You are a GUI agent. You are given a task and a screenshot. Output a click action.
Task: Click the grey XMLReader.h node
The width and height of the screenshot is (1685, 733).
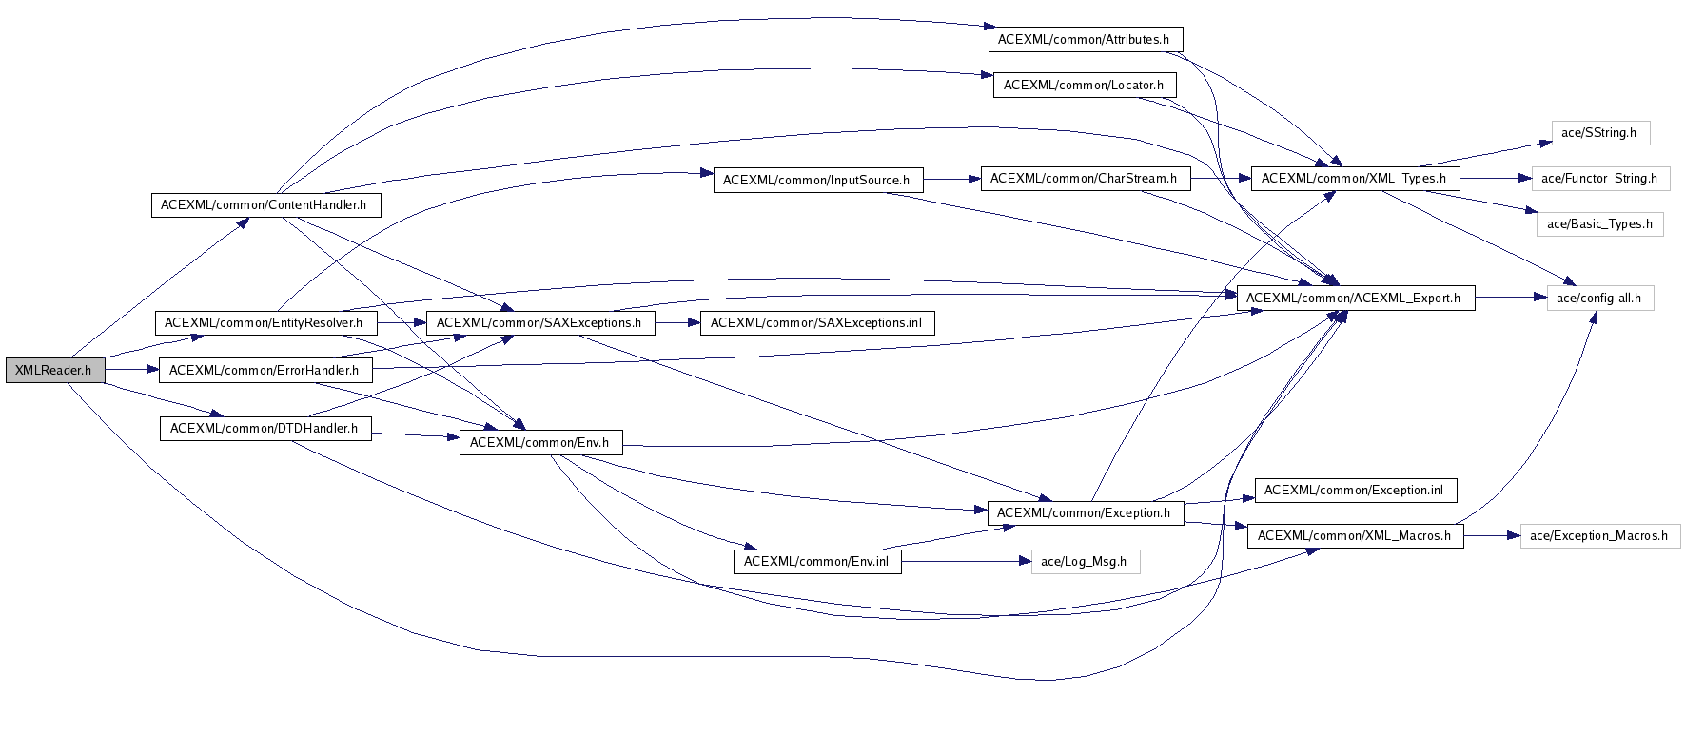(53, 370)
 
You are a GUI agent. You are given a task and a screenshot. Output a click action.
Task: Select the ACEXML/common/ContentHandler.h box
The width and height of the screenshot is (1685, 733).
(265, 205)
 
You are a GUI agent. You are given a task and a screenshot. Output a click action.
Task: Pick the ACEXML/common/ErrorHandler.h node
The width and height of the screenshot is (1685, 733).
(265, 371)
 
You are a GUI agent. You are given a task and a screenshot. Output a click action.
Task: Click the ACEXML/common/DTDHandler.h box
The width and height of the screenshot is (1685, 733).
(265, 429)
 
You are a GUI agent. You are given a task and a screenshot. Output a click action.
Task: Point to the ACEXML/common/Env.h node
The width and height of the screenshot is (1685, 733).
(539, 443)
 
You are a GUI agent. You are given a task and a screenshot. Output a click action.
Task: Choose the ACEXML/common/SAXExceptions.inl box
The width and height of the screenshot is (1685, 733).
(816, 323)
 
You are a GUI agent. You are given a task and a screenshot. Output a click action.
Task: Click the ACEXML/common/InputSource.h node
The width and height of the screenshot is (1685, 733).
(817, 181)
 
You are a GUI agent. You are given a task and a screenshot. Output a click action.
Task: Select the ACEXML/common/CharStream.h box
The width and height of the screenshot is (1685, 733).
(1085, 179)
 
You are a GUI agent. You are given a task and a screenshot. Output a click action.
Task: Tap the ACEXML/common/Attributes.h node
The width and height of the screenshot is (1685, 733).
(1085, 40)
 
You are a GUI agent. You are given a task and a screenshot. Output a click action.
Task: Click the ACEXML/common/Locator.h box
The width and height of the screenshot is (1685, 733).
(1085, 86)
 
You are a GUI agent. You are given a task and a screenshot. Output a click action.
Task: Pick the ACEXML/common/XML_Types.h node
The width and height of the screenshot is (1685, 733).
(1354, 179)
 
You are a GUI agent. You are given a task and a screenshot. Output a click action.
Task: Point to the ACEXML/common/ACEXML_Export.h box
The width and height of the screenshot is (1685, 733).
(1354, 299)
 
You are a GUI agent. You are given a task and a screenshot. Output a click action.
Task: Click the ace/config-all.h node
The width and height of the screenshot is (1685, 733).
(1600, 299)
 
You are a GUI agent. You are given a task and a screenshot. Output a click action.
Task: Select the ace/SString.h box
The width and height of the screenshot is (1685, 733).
(1599, 133)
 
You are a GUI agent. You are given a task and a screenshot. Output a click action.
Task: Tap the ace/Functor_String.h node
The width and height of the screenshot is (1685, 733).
(1599, 179)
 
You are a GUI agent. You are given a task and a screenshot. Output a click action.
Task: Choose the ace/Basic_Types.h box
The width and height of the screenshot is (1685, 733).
(1599, 224)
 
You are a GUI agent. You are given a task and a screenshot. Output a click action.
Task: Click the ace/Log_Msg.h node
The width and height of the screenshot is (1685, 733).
(1085, 562)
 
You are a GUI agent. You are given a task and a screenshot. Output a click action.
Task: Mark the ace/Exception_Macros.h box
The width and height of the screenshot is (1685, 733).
(1599, 536)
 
